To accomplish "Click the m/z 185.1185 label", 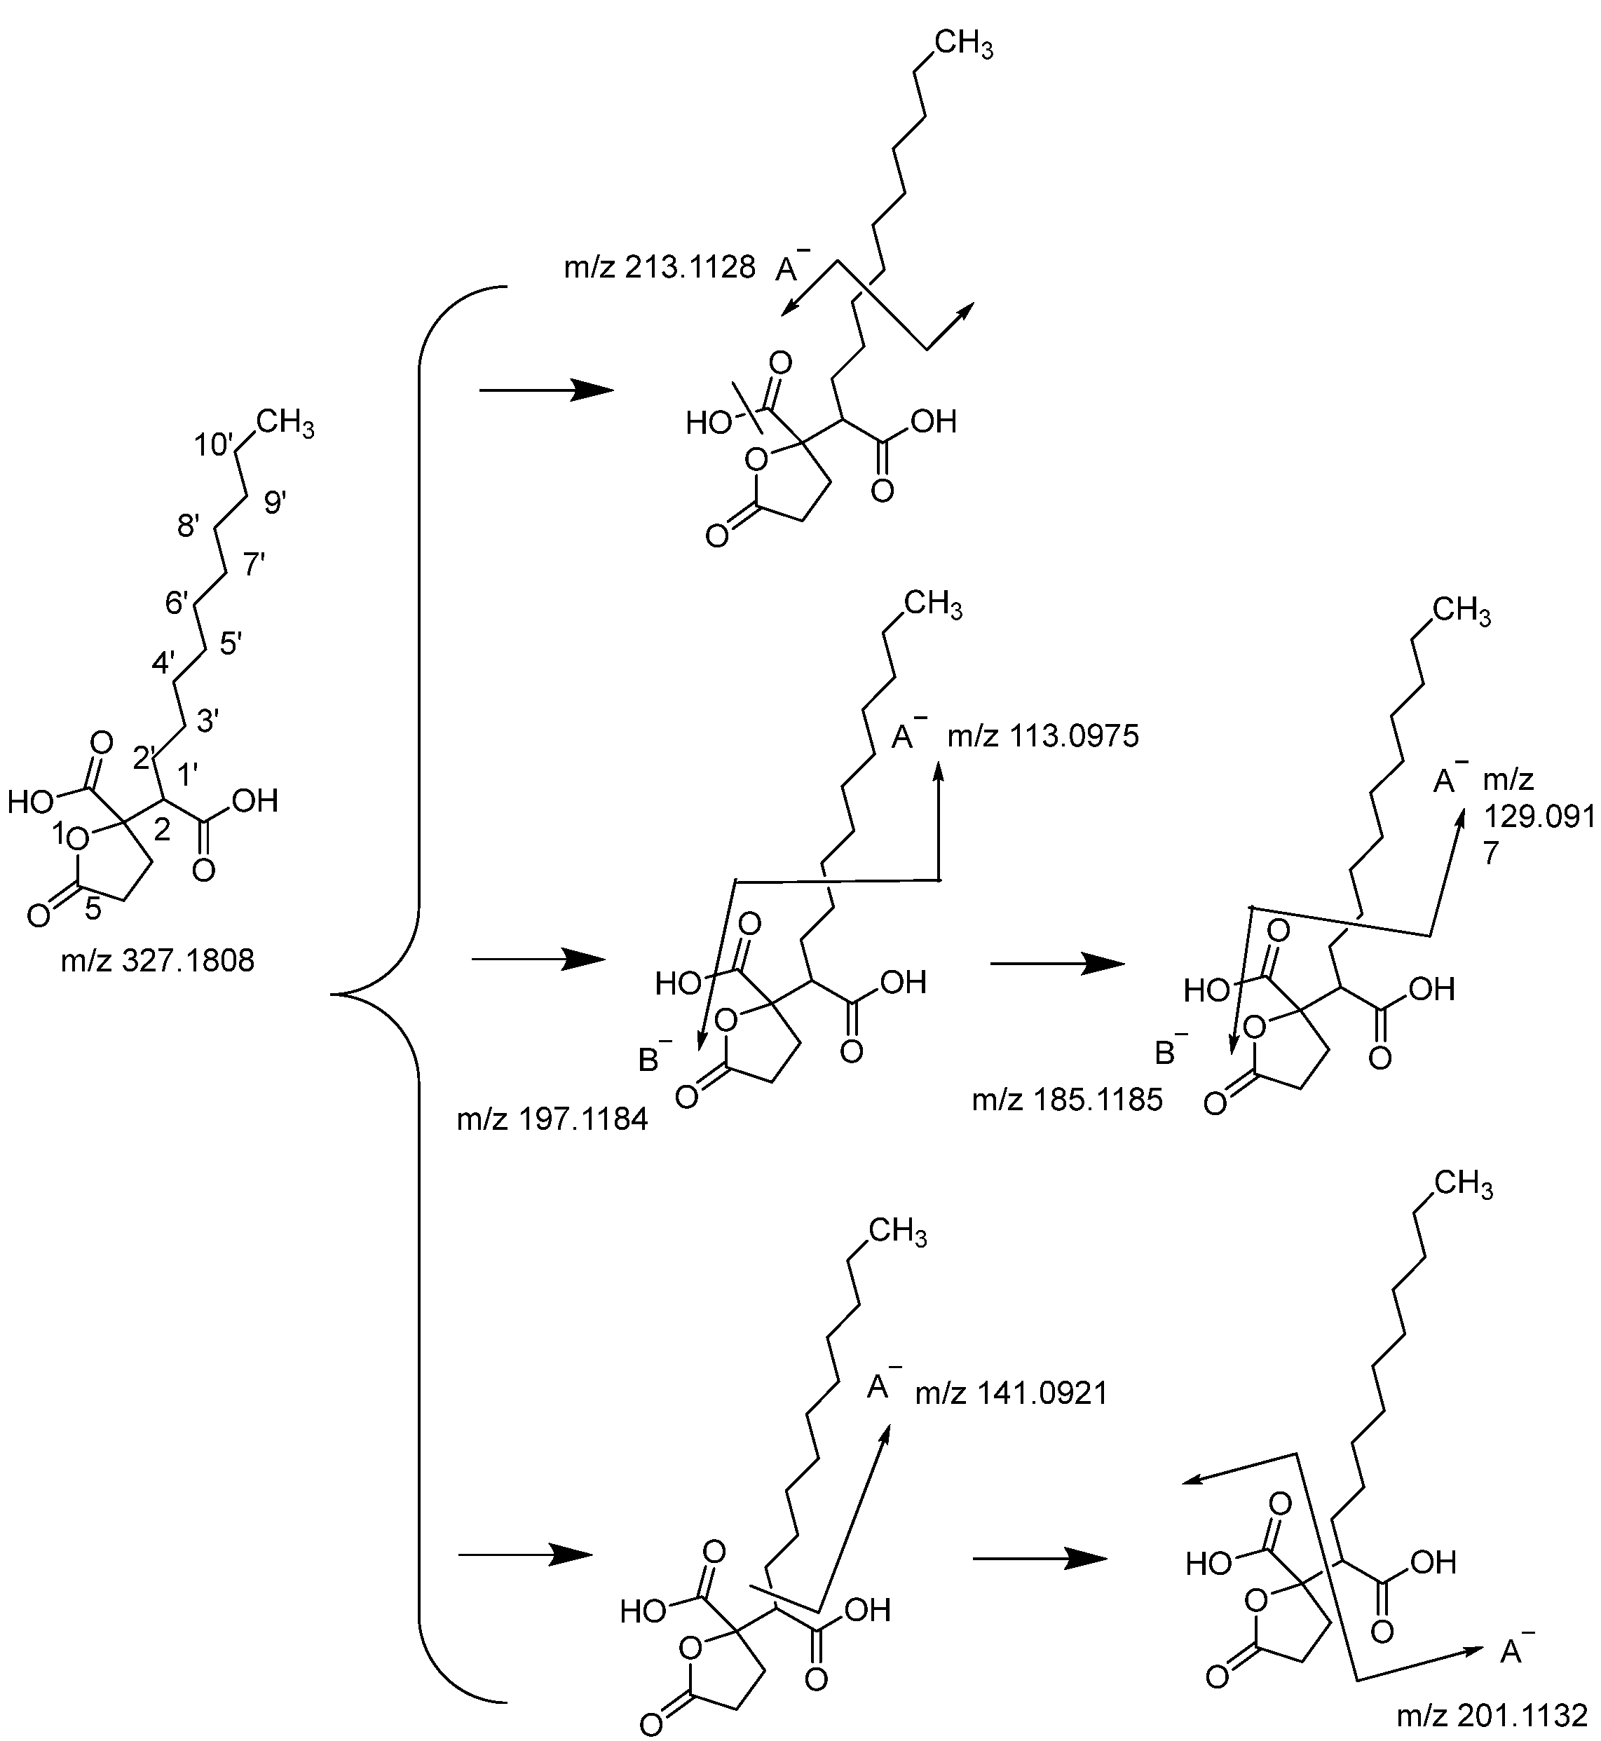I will [1068, 1100].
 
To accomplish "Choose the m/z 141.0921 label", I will [1011, 1393].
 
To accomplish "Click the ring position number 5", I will [93, 910].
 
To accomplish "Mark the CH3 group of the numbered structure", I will [284, 425].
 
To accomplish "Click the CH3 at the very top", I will [963, 44].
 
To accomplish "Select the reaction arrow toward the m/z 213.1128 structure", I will [546, 390].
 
